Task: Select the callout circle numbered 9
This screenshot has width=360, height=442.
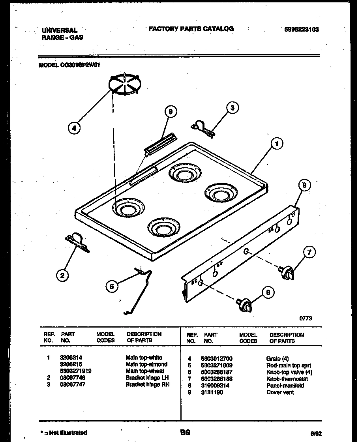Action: point(170,112)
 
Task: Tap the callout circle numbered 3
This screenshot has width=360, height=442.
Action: point(233,107)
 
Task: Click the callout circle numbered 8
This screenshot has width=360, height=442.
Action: point(304,185)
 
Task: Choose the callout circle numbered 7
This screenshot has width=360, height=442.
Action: point(310,253)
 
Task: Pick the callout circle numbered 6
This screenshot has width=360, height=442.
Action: point(268,292)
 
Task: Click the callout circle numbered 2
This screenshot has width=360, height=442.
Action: point(62,276)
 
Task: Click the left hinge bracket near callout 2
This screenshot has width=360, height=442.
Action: point(77,242)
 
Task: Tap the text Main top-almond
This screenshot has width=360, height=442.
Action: point(146,364)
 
